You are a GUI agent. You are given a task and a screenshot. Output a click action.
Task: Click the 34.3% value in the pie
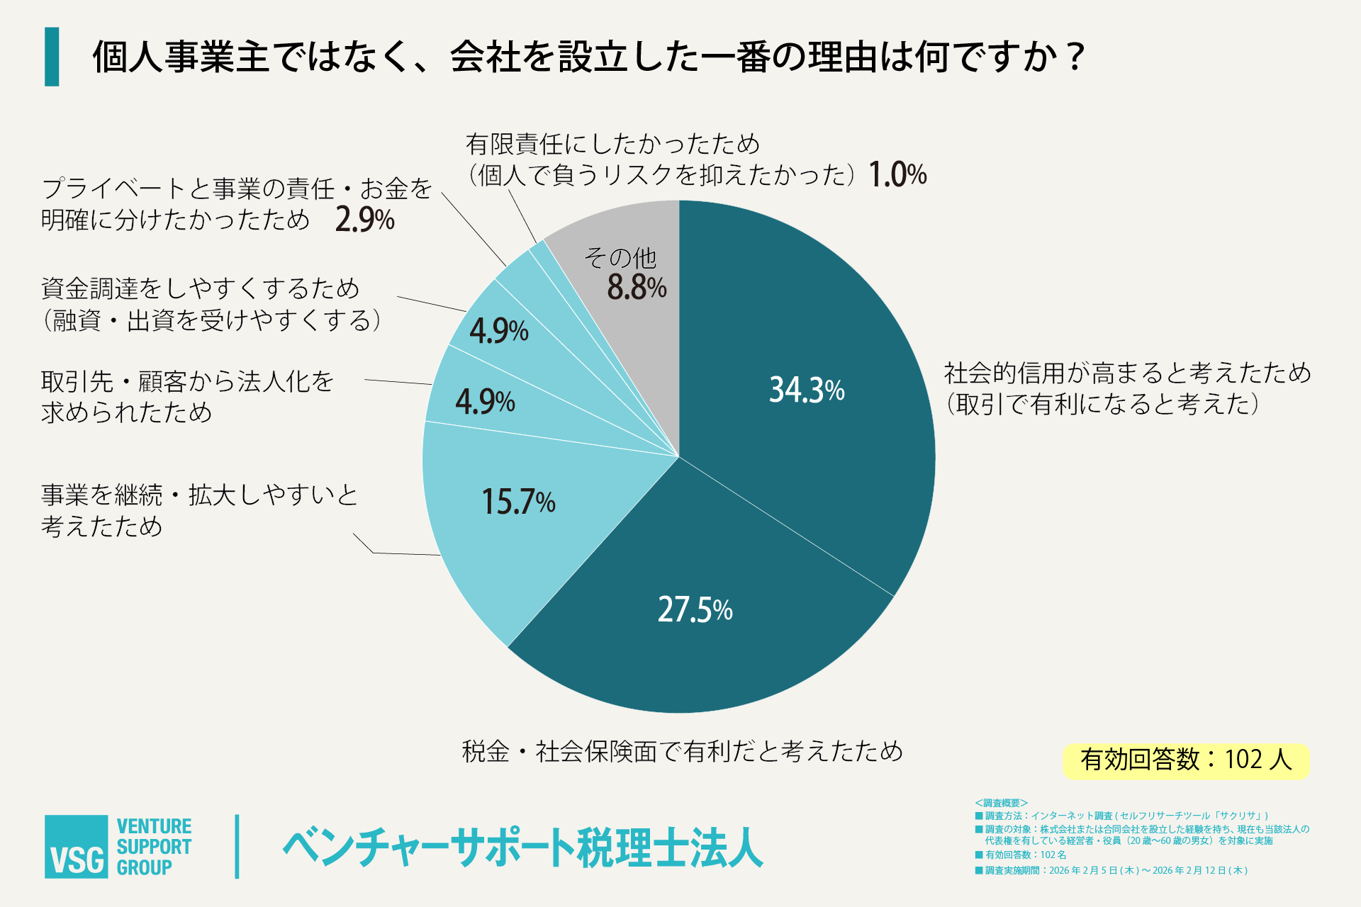click(x=807, y=390)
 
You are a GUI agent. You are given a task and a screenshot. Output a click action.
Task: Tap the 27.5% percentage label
click(x=695, y=609)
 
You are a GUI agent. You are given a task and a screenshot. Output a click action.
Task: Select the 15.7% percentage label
click(x=518, y=502)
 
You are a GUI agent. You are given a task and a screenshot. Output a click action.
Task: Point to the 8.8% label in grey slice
click(x=637, y=288)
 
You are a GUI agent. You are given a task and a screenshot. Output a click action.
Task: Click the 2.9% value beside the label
click(x=364, y=220)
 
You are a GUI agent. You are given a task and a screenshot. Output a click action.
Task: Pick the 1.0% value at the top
click(x=897, y=174)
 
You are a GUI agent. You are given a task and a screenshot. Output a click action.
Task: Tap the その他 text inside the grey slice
click(x=620, y=257)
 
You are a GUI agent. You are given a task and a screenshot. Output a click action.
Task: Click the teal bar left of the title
click(x=52, y=57)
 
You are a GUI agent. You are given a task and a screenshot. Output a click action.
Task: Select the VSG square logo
click(x=77, y=847)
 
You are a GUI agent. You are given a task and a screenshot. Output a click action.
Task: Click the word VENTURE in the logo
click(x=154, y=826)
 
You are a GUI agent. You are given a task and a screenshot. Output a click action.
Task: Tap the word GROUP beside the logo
click(x=144, y=867)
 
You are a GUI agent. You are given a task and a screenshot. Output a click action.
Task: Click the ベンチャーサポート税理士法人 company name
click(x=523, y=847)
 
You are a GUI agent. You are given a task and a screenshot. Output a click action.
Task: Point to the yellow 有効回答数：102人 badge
click(x=1185, y=760)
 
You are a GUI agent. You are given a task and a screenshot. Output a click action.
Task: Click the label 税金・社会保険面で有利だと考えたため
click(x=682, y=751)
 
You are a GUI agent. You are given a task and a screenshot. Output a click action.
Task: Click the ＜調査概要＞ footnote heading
click(x=1001, y=803)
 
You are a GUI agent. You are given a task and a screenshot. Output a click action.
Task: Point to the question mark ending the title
click(x=1075, y=57)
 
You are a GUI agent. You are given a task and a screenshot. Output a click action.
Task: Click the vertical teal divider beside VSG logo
click(x=237, y=847)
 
